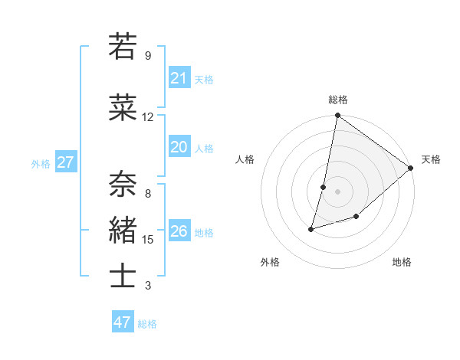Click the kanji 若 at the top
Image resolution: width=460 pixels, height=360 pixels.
123,47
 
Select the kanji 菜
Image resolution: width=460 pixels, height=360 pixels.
123,108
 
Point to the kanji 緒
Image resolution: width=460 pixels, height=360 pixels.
123,231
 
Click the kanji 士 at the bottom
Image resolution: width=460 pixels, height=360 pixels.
123,277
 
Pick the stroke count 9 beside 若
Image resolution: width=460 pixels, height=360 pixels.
147,56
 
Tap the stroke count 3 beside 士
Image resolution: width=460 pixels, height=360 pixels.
147,286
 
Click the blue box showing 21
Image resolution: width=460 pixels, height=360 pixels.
179,78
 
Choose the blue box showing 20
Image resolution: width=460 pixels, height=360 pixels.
179,147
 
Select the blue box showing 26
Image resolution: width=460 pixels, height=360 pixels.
179,231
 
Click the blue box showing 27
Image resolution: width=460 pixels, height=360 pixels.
66,162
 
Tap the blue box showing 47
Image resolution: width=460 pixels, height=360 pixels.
123,322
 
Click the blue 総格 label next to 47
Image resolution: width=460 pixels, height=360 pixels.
147,324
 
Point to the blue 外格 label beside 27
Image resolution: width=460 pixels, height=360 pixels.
41,163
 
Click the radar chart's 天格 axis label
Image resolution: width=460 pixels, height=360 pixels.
431,159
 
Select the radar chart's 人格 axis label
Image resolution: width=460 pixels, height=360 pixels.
245,159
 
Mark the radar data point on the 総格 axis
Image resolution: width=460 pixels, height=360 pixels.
337,116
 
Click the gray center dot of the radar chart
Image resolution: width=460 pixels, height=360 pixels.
337,191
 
